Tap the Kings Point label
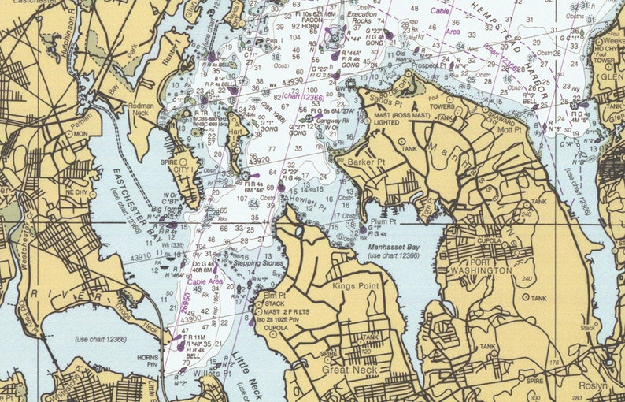356,286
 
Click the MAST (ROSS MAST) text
395,116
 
